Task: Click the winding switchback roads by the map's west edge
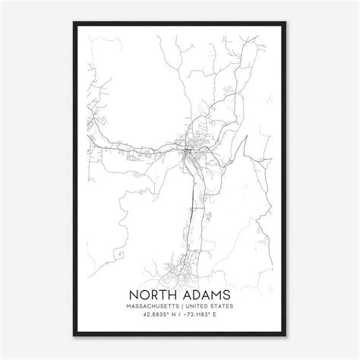tap(96, 122)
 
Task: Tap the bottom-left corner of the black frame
tap(64, 335)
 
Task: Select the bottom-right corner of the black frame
tap(296, 335)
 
